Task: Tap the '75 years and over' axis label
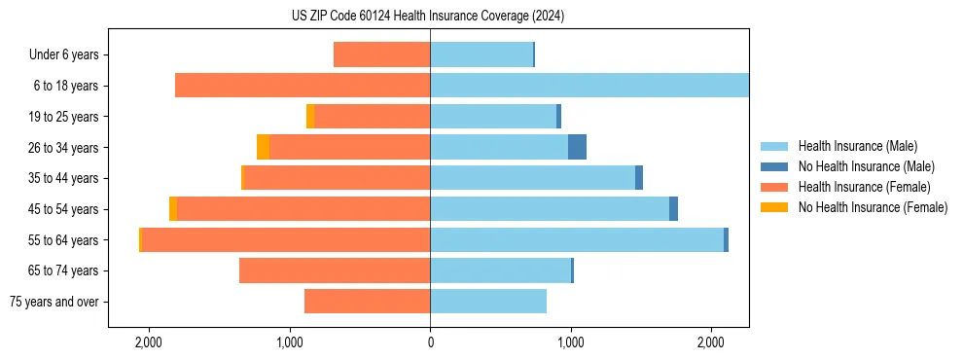click(x=54, y=302)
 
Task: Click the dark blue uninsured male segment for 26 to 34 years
click(x=577, y=147)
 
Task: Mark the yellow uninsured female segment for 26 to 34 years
click(x=263, y=147)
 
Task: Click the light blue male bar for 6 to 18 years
click(x=588, y=86)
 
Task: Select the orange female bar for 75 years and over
click(x=367, y=302)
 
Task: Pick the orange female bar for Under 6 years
click(x=381, y=54)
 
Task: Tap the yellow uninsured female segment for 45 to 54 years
click(x=173, y=209)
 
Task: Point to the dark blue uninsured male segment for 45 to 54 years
click(x=673, y=209)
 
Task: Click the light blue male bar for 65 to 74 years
click(x=500, y=270)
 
